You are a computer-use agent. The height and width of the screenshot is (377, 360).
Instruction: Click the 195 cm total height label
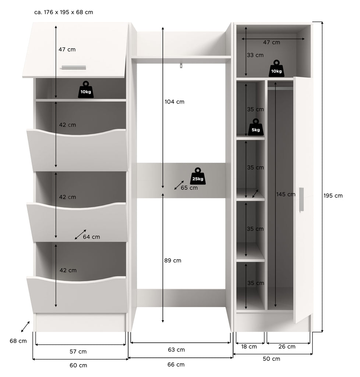point(333,196)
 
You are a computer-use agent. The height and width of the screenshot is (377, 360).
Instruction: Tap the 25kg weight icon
point(198,176)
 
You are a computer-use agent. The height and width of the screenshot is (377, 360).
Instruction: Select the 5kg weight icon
point(256,127)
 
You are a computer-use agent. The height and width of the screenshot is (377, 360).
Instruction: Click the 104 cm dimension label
point(174,102)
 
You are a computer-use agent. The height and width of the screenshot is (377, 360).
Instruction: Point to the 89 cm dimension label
point(173,260)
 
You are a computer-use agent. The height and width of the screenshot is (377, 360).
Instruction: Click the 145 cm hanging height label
point(286,194)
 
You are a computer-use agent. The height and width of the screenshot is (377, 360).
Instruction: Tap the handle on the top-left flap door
point(74,68)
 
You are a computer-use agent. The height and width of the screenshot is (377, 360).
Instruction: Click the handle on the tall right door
point(301,199)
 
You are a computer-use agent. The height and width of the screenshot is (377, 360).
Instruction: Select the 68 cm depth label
point(18,341)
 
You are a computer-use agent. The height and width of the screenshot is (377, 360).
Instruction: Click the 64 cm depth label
point(91,237)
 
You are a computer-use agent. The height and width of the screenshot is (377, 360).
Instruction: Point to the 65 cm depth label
point(189,188)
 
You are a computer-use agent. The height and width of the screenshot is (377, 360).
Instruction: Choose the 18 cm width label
point(249,346)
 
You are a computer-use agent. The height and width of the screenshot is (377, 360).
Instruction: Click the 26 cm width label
point(287,346)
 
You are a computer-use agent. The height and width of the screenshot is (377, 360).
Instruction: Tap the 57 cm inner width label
point(78,352)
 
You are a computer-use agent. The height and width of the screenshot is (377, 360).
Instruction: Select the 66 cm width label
point(176,364)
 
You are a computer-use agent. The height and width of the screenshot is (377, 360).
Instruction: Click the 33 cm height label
point(255,55)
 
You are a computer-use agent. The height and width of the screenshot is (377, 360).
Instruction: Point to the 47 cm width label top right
point(272,42)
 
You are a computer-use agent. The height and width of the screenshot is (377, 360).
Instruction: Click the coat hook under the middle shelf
point(181,66)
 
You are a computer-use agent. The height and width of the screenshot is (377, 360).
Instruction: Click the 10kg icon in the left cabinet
point(86,89)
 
